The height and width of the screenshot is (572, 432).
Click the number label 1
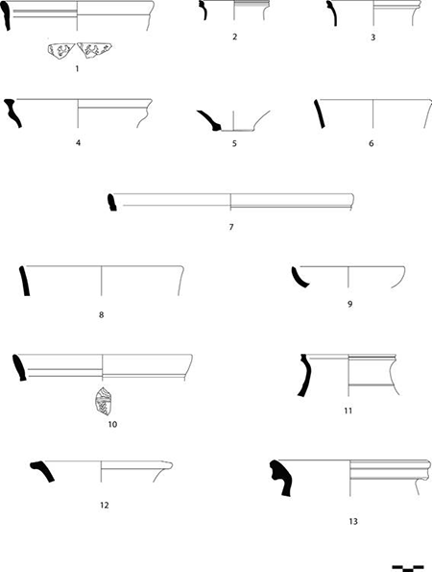click(x=77, y=68)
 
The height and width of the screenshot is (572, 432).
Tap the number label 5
click(x=234, y=143)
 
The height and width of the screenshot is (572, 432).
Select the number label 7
click(x=231, y=227)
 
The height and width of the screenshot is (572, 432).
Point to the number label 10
click(x=112, y=424)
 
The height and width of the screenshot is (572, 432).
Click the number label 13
click(x=353, y=521)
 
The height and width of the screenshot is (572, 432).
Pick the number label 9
click(x=350, y=304)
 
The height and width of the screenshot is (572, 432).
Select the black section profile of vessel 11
click(x=304, y=375)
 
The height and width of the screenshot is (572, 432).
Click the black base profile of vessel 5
click(x=211, y=119)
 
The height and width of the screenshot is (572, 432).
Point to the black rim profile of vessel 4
click(x=12, y=112)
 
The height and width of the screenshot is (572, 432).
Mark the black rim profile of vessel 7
click(x=111, y=203)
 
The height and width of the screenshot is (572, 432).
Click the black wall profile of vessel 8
click(x=24, y=281)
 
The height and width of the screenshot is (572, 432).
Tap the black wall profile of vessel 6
click(x=319, y=113)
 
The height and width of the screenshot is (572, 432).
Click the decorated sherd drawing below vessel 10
click(x=103, y=401)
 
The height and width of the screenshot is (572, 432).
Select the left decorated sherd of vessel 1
click(x=60, y=50)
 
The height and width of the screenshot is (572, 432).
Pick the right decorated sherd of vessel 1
click(x=94, y=50)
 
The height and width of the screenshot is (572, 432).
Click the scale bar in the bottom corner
click(x=408, y=567)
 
